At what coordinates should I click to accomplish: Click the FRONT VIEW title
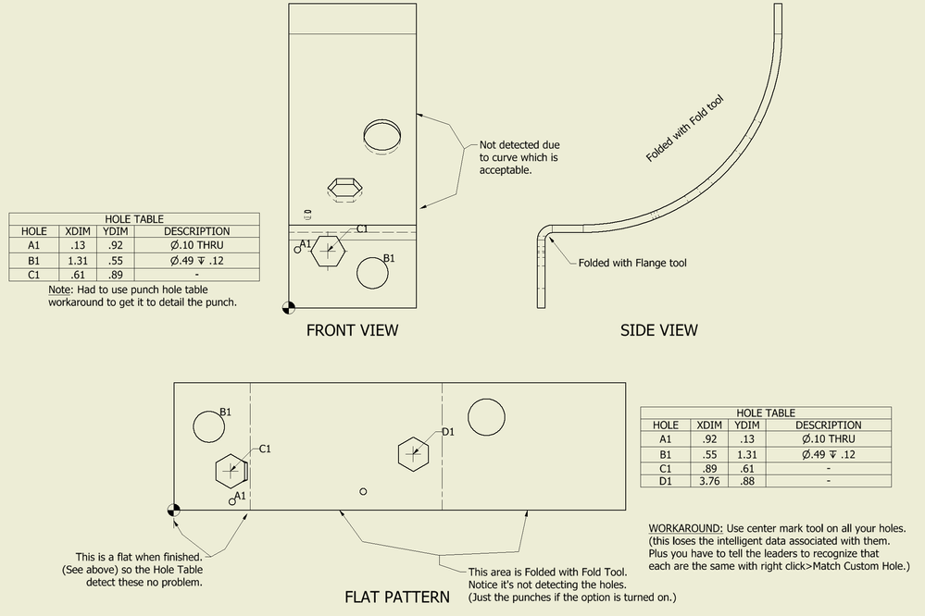pyautogui.click(x=352, y=330)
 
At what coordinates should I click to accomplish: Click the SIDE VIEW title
pyautogui.click(x=659, y=330)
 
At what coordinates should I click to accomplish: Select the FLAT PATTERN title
pyautogui.click(x=397, y=598)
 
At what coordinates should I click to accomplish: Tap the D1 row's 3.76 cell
pyautogui.click(x=709, y=481)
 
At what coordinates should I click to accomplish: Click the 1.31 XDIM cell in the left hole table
pyautogui.click(x=78, y=261)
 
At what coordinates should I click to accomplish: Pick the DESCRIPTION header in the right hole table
pyautogui.click(x=829, y=425)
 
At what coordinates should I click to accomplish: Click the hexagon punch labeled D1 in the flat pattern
pyautogui.click(x=413, y=454)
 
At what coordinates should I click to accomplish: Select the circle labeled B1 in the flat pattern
pyautogui.click(x=209, y=426)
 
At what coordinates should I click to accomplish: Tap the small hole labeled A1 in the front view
pyautogui.click(x=298, y=250)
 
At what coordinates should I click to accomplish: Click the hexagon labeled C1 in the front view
pyautogui.click(x=328, y=250)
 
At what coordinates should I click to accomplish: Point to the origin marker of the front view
pyautogui.click(x=289, y=307)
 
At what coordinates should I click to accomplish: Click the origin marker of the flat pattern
pyautogui.click(x=173, y=510)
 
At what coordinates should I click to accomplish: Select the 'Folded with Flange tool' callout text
pyautogui.click(x=632, y=263)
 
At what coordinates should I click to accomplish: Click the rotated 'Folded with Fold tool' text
pyautogui.click(x=684, y=129)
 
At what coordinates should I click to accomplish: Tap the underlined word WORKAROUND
pyautogui.click(x=685, y=528)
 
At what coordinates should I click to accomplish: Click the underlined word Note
pyautogui.click(x=59, y=290)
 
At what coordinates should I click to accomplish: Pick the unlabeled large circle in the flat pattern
pyautogui.click(x=486, y=417)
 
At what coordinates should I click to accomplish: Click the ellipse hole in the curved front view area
pyautogui.click(x=381, y=136)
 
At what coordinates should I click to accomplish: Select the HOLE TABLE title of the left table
pyautogui.click(x=134, y=218)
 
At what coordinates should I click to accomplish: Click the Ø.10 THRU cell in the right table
pyautogui.click(x=829, y=438)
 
